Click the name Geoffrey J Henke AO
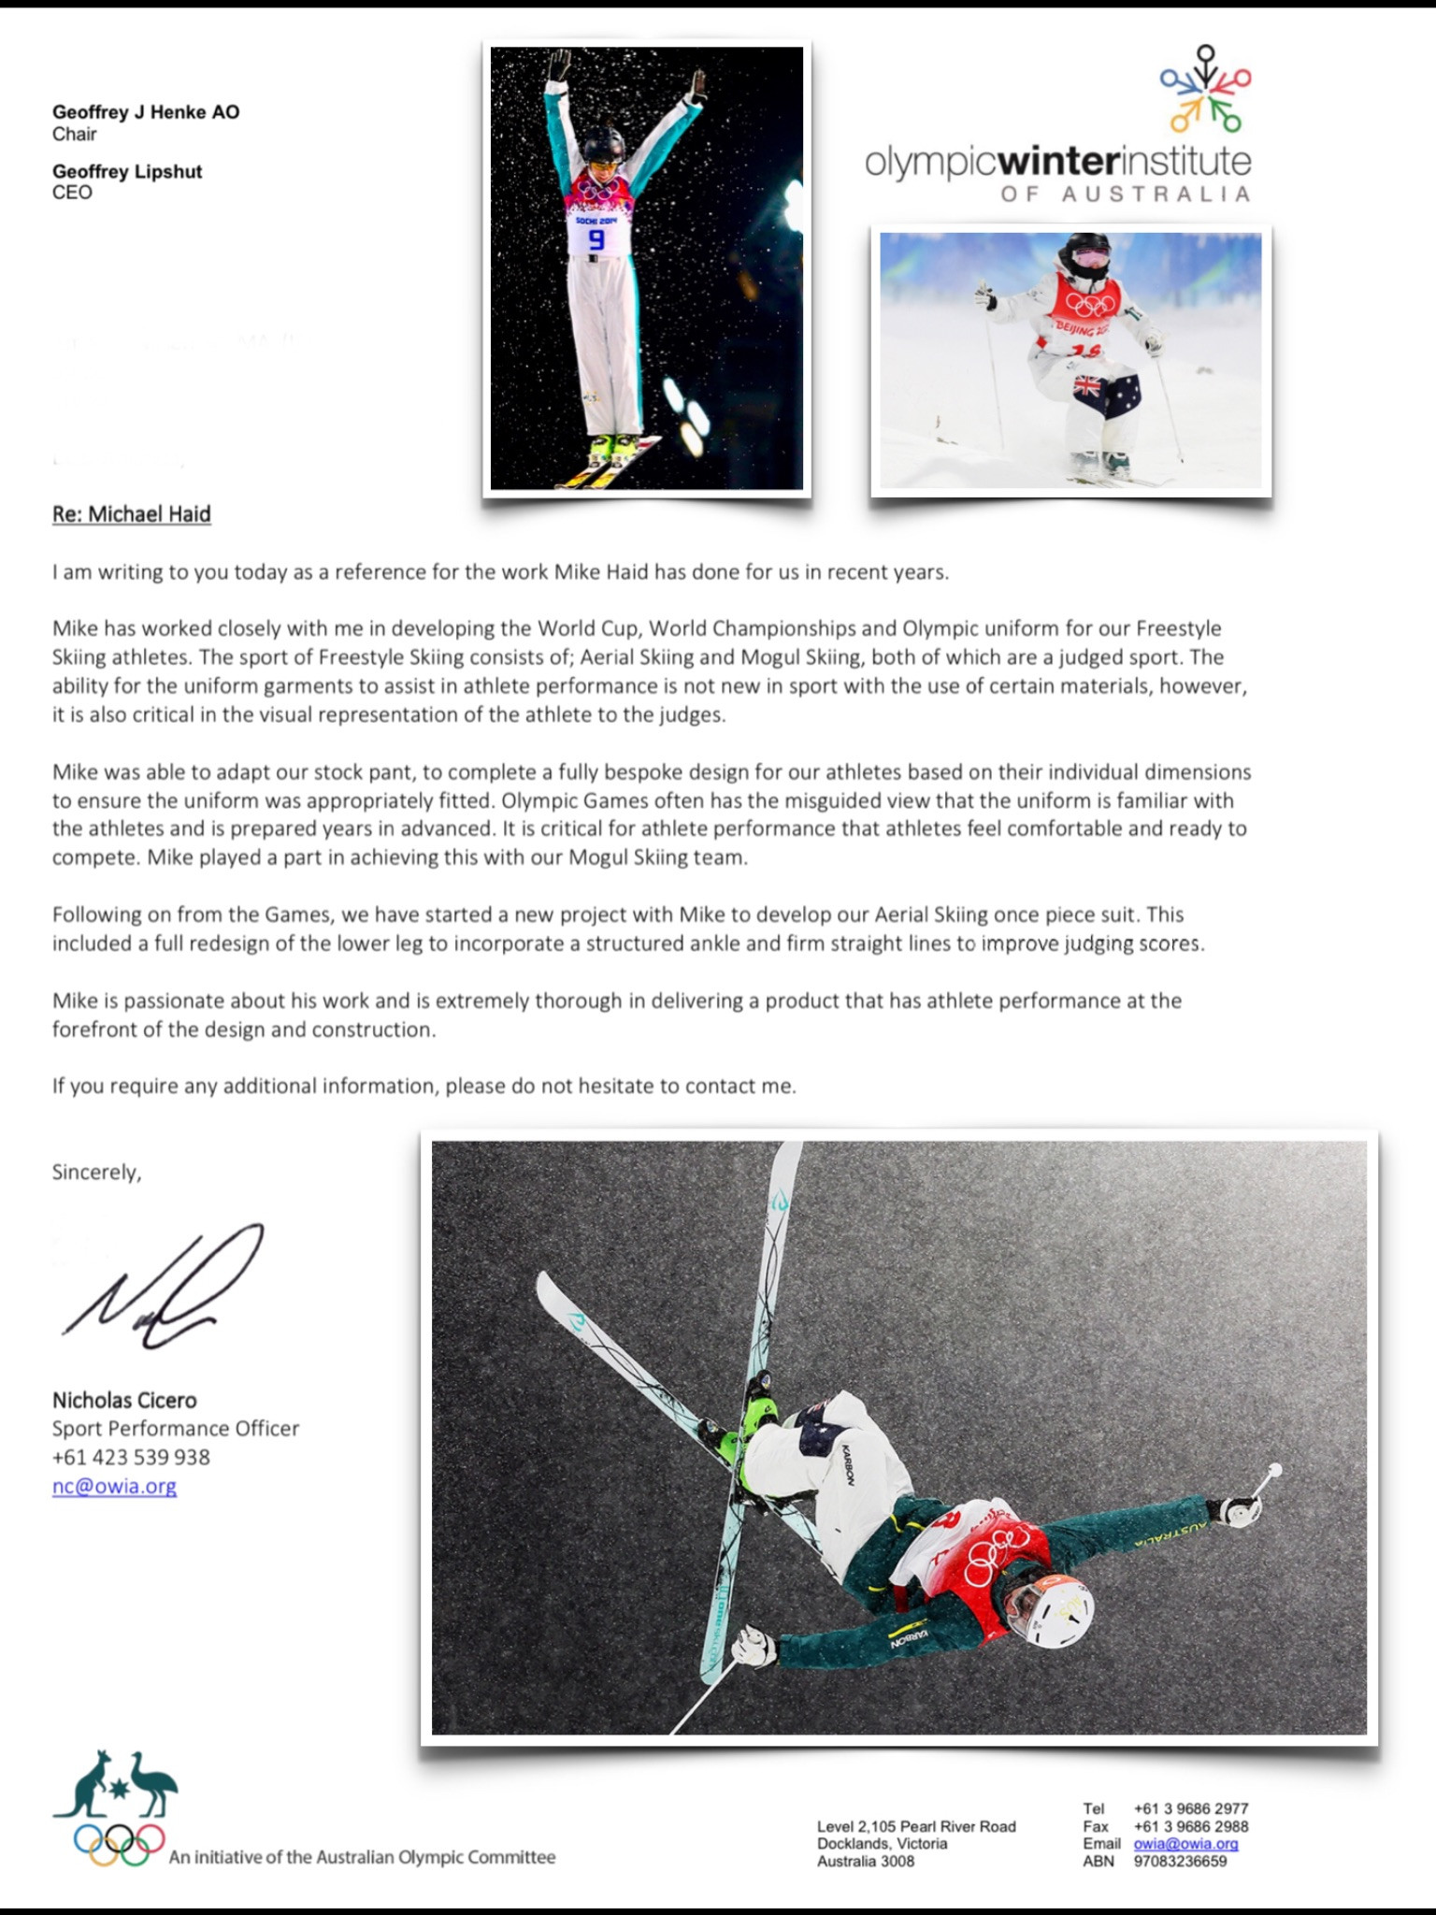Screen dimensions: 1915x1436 [x=146, y=112]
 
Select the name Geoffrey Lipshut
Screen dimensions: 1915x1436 [x=127, y=171]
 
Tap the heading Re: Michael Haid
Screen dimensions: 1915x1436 [x=132, y=514]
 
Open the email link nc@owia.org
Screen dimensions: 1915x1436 [x=114, y=1486]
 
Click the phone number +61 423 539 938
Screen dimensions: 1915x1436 [x=131, y=1457]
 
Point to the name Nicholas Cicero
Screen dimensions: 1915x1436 [x=124, y=1400]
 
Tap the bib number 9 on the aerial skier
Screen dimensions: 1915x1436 [x=596, y=239]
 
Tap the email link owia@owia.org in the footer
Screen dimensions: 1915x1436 [x=1185, y=1844]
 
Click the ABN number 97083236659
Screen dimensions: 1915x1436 [x=1180, y=1861]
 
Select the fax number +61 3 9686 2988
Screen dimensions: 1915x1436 [x=1191, y=1826]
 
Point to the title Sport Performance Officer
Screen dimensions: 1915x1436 [x=176, y=1429]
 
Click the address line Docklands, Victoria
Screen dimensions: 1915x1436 [x=882, y=1844]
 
